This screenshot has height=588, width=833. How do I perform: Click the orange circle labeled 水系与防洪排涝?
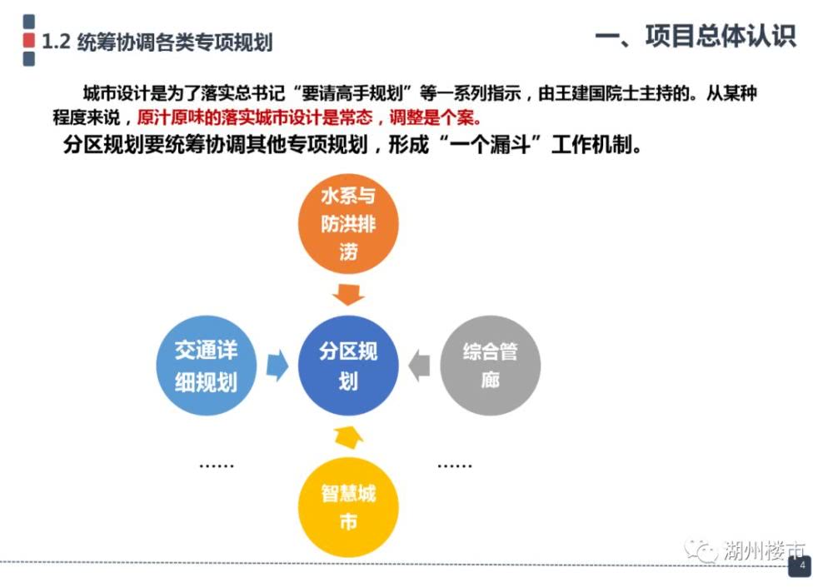tap(348, 223)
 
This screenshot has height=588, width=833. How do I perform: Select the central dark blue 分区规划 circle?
tap(348, 366)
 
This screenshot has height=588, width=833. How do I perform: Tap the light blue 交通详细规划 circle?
tap(206, 366)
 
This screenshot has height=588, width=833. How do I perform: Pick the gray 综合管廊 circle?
tap(491, 366)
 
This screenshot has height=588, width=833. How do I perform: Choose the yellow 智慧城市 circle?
tap(348, 507)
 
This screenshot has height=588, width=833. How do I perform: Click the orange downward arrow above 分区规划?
tap(348, 295)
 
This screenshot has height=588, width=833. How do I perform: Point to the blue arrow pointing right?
tap(277, 366)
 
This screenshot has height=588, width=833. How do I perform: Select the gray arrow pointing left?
tap(419, 366)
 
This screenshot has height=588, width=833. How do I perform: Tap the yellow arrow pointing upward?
tap(348, 436)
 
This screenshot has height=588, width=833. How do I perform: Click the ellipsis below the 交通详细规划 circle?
tap(217, 466)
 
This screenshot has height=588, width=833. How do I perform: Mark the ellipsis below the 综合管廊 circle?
tap(455, 466)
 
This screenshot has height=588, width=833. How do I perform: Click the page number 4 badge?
tap(800, 566)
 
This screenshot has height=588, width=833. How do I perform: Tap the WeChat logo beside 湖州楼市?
tap(701, 551)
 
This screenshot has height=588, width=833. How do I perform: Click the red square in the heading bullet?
tap(29, 40)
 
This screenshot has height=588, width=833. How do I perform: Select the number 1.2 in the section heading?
tap(56, 42)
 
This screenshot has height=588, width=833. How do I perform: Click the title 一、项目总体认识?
tap(696, 36)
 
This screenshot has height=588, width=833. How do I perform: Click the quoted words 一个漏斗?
tap(491, 144)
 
